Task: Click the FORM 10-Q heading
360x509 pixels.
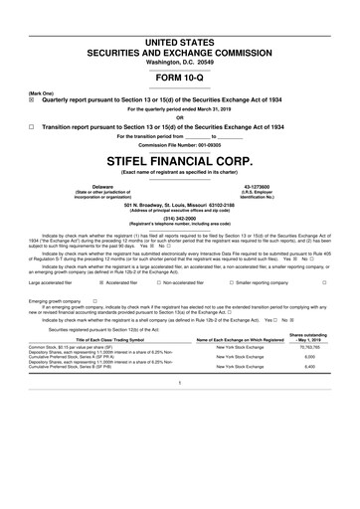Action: tap(179, 78)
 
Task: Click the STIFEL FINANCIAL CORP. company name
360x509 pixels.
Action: tap(179, 159)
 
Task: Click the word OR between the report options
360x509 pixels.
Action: tap(179, 118)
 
